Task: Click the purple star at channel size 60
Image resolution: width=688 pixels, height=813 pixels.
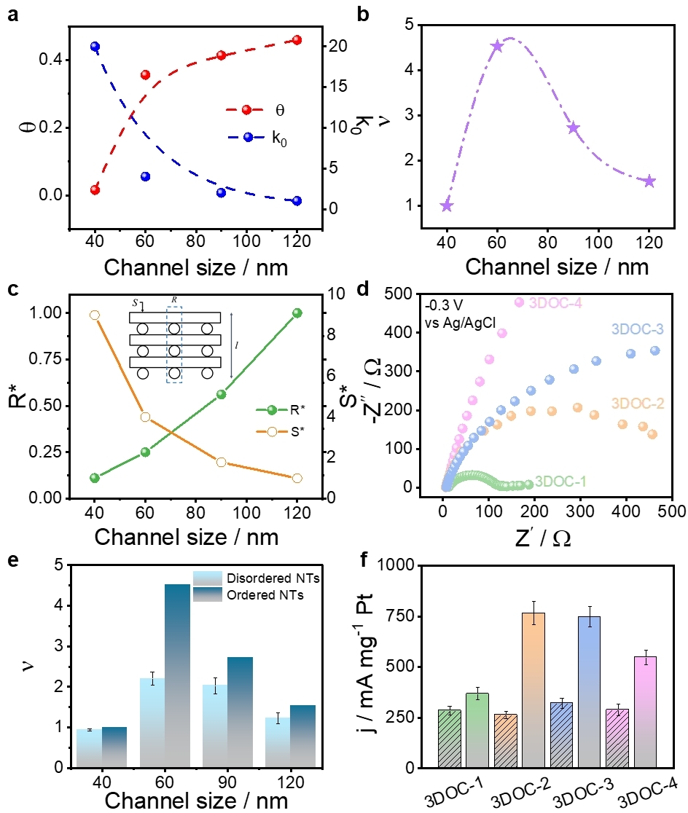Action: [497, 46]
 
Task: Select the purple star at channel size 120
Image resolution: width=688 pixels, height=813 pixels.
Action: [649, 181]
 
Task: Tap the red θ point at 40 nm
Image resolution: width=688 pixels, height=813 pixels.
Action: [95, 189]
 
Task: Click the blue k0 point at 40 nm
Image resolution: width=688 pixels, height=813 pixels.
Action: [95, 47]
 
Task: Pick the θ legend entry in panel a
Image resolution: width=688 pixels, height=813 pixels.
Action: [257, 111]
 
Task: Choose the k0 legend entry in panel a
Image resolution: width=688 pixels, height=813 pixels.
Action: [257, 137]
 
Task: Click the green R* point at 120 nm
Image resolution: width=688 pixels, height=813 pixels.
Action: [297, 313]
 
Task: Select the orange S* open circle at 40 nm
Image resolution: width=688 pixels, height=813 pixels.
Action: [95, 315]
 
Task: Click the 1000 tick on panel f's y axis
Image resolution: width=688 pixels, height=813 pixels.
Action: [402, 565]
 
